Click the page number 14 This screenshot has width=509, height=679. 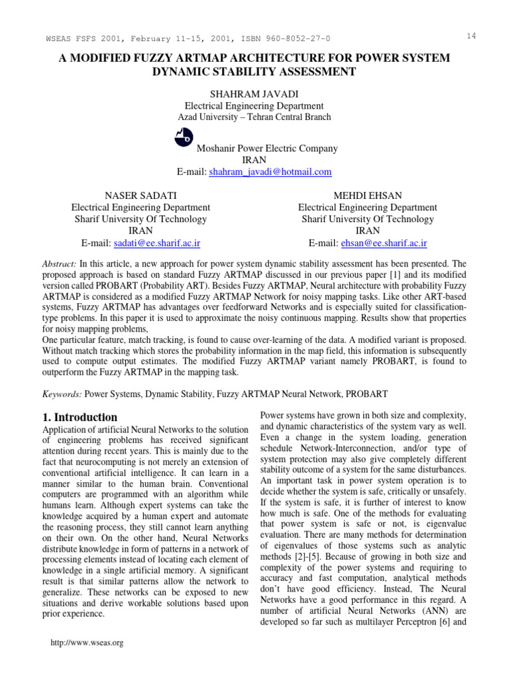[x=471, y=36]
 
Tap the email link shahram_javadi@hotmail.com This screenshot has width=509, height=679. [x=270, y=172]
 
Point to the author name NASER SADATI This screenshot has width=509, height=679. [x=141, y=195]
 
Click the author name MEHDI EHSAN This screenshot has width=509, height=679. [x=367, y=195]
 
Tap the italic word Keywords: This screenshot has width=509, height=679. [x=62, y=393]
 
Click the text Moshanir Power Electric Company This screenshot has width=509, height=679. [x=266, y=149]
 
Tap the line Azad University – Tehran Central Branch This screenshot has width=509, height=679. [x=254, y=117]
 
